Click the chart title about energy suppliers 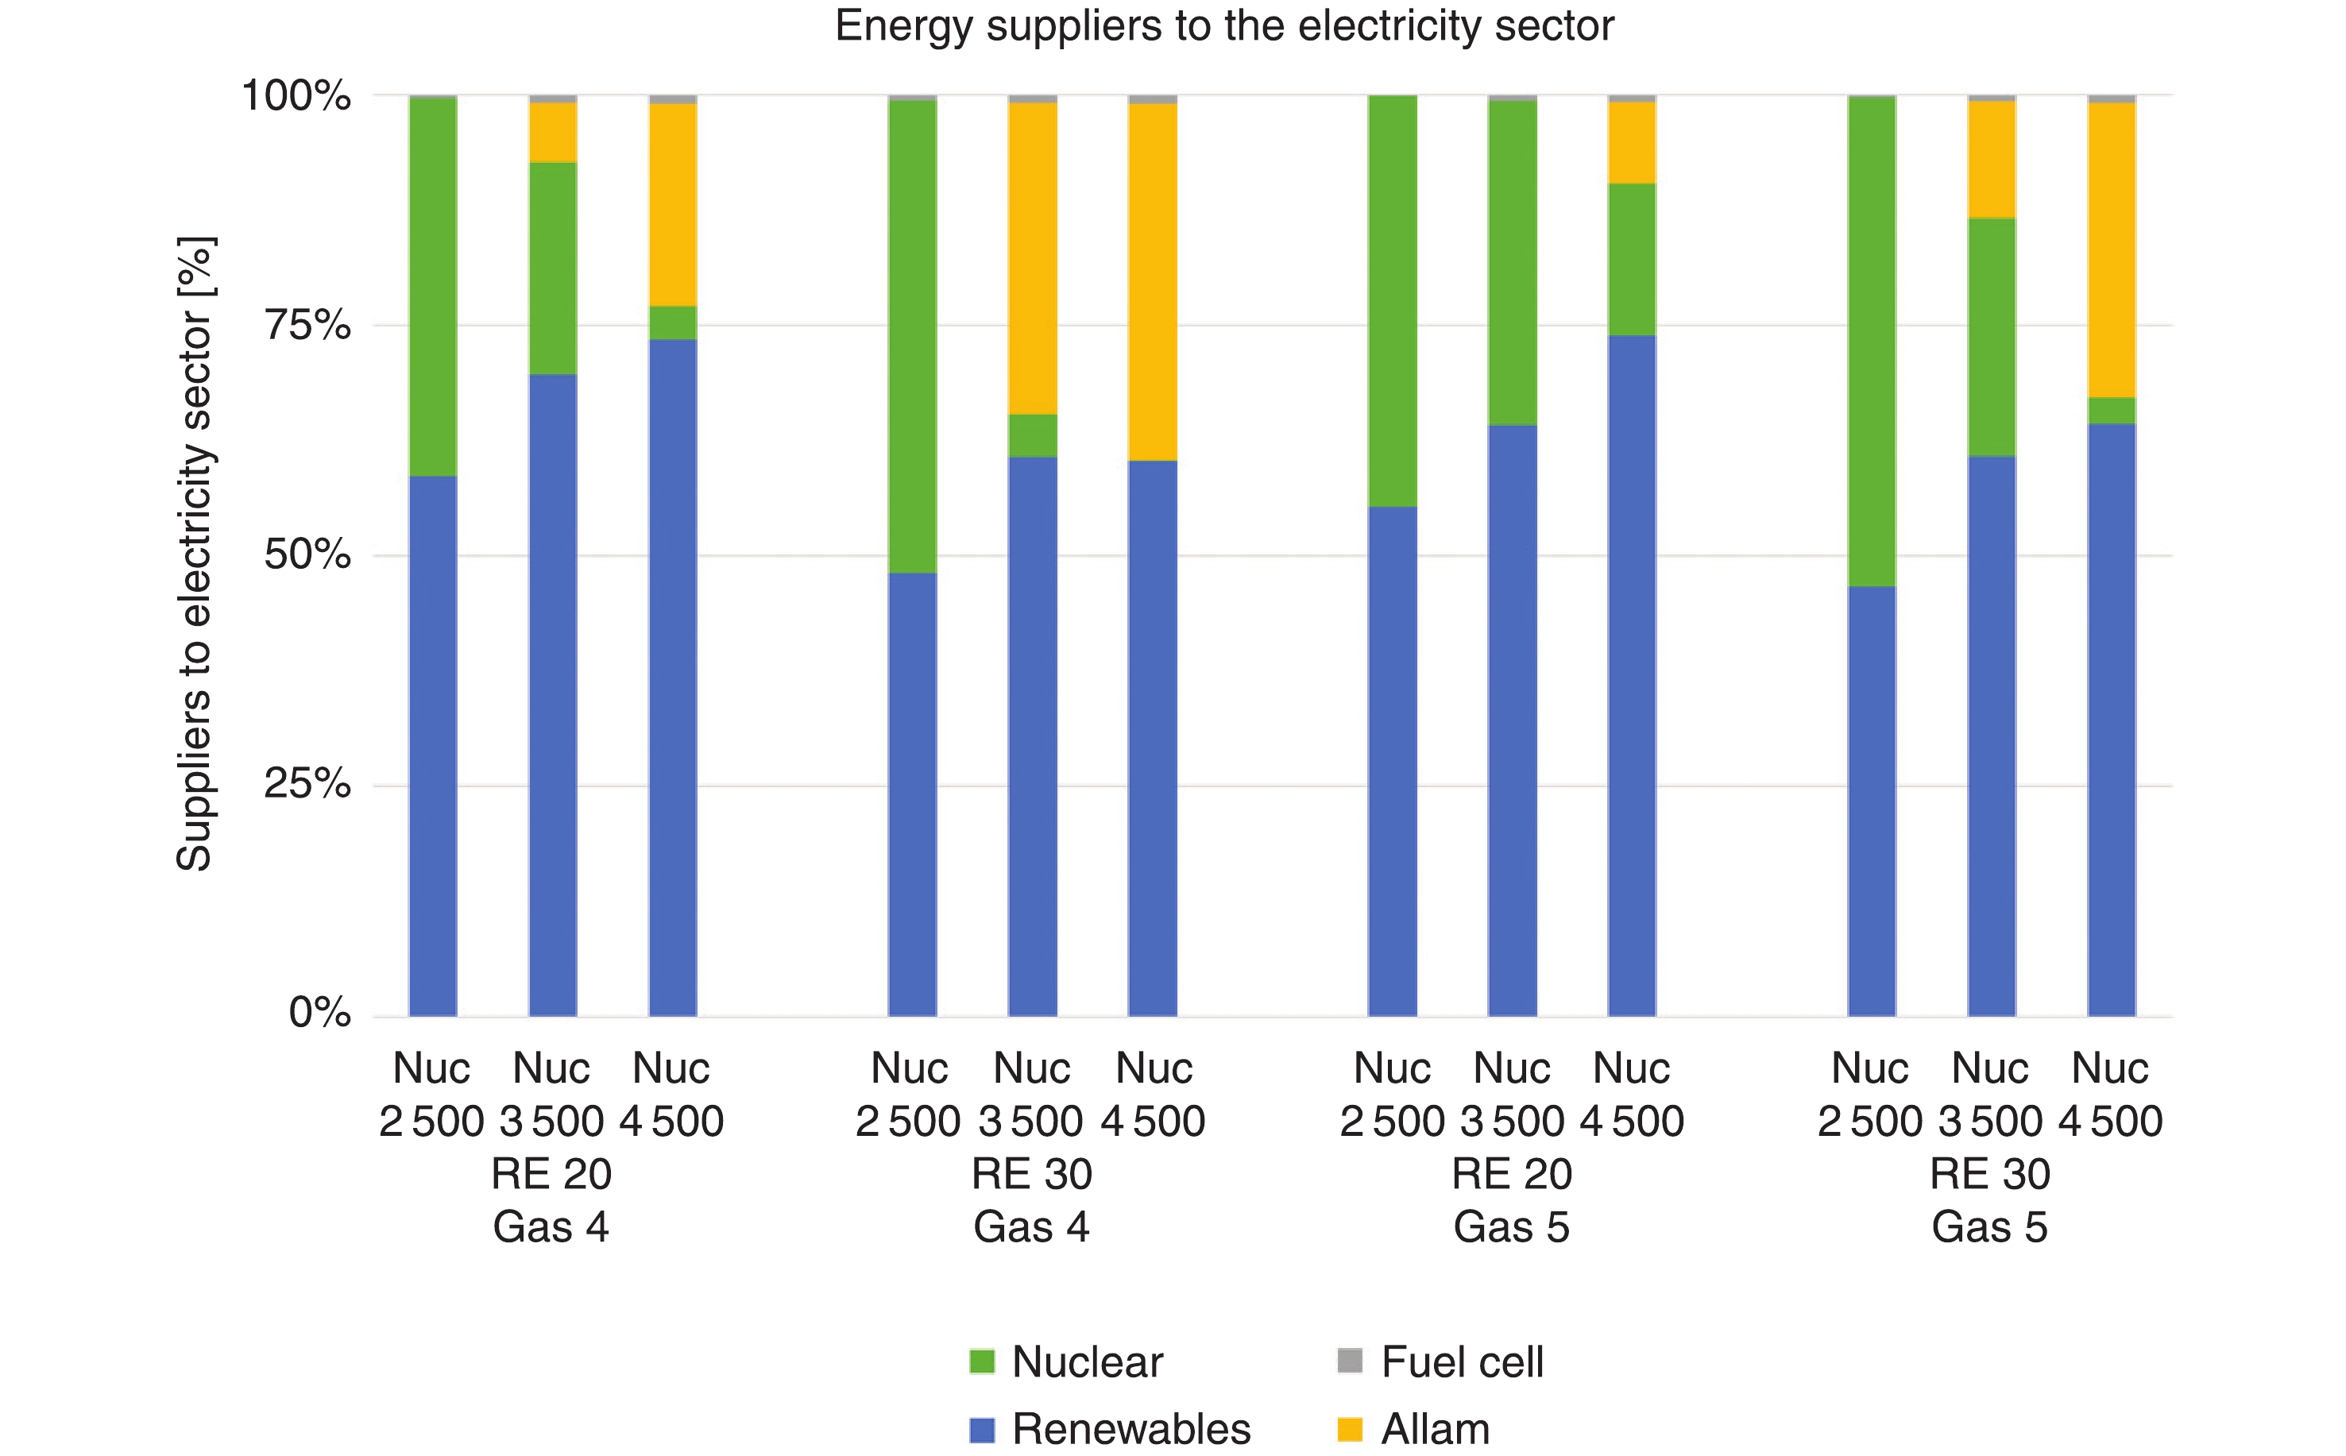tap(1223, 26)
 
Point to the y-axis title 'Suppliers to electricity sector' tap(195, 554)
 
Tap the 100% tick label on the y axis tap(296, 96)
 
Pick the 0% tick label tap(319, 1013)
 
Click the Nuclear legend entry tap(1067, 1362)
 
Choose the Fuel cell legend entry tap(1442, 1362)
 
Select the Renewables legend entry tap(1111, 1429)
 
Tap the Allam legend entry tap(1415, 1429)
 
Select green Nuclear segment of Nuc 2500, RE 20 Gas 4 tap(432, 286)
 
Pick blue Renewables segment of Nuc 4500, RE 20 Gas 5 tap(1633, 674)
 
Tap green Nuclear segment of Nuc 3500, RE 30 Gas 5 tap(1992, 337)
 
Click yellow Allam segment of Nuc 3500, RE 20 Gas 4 tap(553, 133)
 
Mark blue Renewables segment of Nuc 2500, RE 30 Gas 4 tap(912, 794)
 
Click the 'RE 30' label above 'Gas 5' tap(1989, 1175)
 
